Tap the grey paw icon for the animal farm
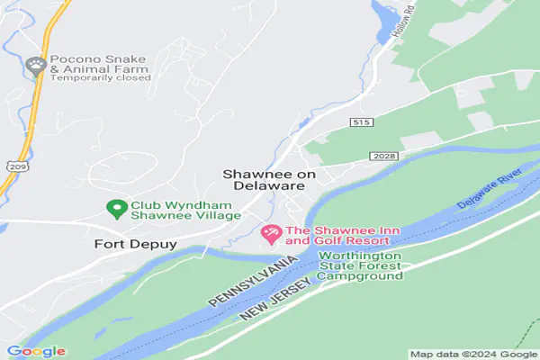coord(36,64)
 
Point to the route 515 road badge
coord(362,121)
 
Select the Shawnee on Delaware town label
coord(264,178)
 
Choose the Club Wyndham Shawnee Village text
coord(185,209)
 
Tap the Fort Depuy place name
coord(134,244)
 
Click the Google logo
coord(35,351)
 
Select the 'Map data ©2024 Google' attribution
coord(472,354)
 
